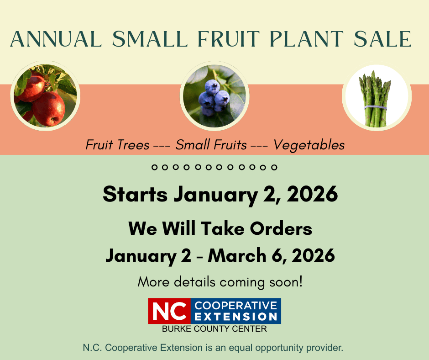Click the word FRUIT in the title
(229, 39)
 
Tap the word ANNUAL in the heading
(56, 39)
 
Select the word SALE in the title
(382, 39)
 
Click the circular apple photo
(45, 95)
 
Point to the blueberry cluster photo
(214, 95)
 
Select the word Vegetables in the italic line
(309, 145)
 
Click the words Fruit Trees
(117, 145)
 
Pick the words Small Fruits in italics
(211, 145)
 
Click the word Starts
(135, 194)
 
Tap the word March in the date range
(237, 255)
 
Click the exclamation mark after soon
(301, 281)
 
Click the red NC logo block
(169, 311)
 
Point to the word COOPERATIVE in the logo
(235, 306)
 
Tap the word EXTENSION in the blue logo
(235, 317)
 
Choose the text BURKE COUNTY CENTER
(214, 329)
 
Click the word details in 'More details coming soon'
(194, 282)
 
